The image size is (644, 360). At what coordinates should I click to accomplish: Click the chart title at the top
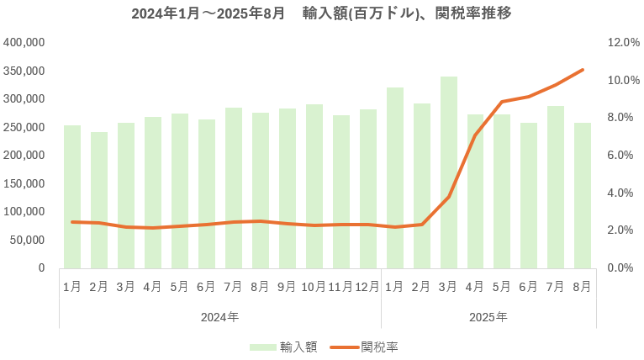tap(322, 14)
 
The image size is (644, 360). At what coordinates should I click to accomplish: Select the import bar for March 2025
tap(449, 172)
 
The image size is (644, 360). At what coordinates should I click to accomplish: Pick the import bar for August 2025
tap(583, 195)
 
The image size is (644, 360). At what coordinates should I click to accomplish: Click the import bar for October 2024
tap(314, 186)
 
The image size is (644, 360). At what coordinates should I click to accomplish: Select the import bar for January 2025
tap(395, 177)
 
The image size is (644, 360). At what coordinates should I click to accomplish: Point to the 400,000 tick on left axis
tap(24, 42)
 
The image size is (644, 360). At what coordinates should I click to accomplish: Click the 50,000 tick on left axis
tap(27, 240)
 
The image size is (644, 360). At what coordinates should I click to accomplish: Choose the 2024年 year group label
tap(220, 317)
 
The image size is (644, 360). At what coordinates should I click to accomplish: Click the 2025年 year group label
tap(488, 317)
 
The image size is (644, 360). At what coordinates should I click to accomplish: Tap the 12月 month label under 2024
tap(367, 287)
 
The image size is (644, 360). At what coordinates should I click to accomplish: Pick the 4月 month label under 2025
tap(475, 287)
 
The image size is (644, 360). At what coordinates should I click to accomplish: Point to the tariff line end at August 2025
tap(583, 70)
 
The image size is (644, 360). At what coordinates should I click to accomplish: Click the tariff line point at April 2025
tap(475, 135)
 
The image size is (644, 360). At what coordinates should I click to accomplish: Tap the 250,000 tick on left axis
tap(24, 127)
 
